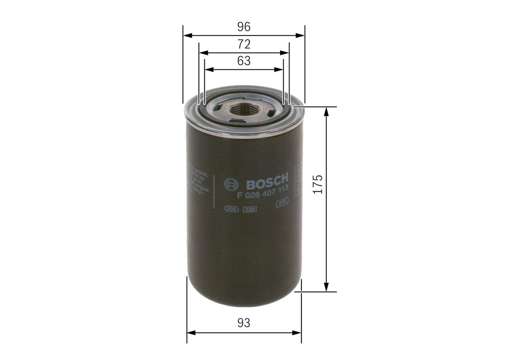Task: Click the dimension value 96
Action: (x=244, y=27)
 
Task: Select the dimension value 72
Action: (x=244, y=44)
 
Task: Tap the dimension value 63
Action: (x=244, y=61)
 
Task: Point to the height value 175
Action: (x=318, y=184)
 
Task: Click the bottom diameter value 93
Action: (x=244, y=323)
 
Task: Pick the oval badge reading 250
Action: (x=231, y=209)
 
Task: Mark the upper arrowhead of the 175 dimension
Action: (x=326, y=111)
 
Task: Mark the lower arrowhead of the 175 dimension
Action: (x=326, y=288)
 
